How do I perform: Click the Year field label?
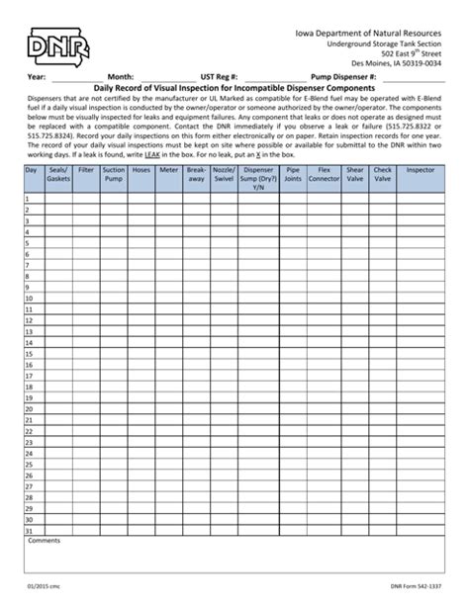tap(37, 76)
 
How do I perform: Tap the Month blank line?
tap(165, 77)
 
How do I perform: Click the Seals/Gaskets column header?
tap(58, 175)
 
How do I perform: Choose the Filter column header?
tap(86, 170)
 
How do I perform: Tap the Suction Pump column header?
tap(114, 175)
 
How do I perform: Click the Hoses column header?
tap(141, 170)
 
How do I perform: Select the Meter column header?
tap(169, 170)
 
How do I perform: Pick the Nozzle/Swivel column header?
tap(225, 175)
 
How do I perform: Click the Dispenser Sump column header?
tap(258, 178)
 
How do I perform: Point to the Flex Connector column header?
tap(324, 175)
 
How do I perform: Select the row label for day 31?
tap(31, 531)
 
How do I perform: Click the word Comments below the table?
tap(45, 542)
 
